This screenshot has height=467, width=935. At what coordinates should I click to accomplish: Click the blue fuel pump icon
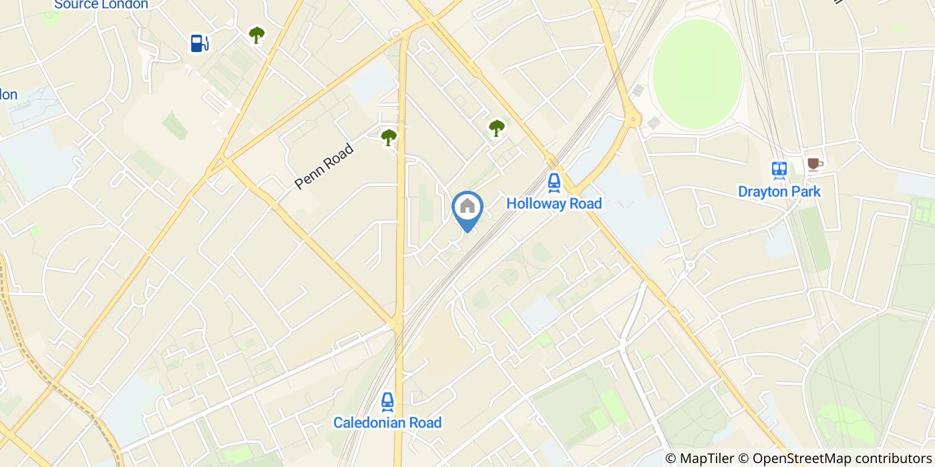click(x=199, y=43)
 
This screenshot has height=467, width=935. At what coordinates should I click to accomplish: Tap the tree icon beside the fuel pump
click(x=256, y=35)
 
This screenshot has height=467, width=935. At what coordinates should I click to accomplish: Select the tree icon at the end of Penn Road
click(x=389, y=137)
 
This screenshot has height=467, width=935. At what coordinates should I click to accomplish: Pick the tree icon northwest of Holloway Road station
click(x=496, y=128)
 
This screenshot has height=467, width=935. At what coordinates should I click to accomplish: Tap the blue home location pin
click(x=467, y=208)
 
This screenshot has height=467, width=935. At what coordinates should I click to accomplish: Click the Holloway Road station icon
click(x=554, y=181)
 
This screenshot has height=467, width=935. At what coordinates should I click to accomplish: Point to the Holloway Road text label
click(x=554, y=203)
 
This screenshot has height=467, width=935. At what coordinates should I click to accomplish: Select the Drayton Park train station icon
click(x=779, y=170)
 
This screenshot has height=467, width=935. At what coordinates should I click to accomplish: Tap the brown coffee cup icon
click(x=814, y=164)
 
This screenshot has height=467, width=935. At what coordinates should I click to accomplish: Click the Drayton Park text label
click(x=779, y=192)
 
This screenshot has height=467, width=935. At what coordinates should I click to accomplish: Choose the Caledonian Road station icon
click(x=387, y=402)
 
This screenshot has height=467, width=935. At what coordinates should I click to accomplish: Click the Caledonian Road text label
click(x=387, y=423)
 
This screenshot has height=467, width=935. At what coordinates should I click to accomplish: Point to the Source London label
click(x=101, y=5)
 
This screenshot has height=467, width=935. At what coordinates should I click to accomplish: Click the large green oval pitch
click(x=697, y=74)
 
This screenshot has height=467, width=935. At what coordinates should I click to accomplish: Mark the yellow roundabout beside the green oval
click(x=633, y=120)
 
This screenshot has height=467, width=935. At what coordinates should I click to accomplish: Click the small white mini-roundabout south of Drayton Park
click(x=690, y=264)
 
